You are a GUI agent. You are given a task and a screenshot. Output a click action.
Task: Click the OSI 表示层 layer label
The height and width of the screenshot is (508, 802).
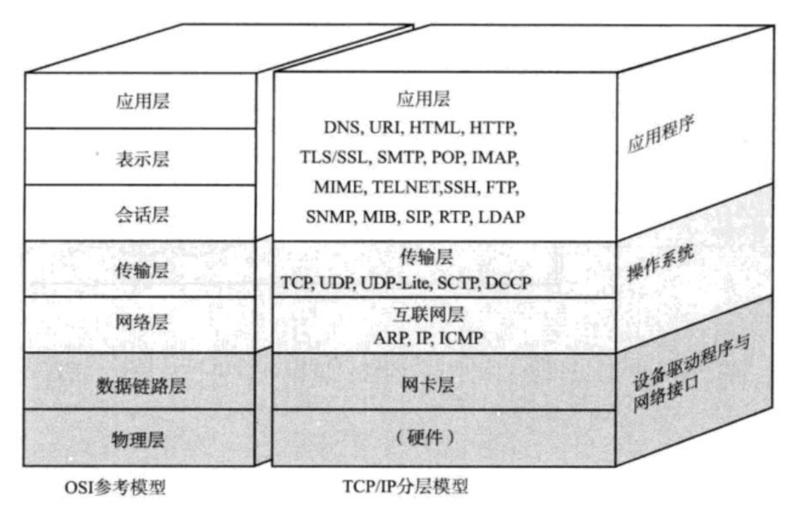[142, 159]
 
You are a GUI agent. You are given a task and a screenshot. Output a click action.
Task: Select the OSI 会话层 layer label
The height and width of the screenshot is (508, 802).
[142, 214]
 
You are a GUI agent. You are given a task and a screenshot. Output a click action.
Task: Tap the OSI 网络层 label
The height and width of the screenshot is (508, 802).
[142, 322]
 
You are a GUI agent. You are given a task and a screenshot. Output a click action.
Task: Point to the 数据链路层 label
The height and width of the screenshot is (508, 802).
[141, 385]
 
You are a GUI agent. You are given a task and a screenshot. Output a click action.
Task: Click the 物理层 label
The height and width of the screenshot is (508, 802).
[138, 440]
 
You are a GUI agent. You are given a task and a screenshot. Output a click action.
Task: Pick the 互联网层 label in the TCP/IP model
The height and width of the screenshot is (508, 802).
[429, 314]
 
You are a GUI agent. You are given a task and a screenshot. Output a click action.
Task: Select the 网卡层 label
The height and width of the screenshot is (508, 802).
[428, 385]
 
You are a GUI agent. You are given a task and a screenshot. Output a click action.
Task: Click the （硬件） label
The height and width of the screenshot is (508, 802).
[425, 437]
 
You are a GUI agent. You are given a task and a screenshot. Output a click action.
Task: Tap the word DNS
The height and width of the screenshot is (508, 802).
[342, 128]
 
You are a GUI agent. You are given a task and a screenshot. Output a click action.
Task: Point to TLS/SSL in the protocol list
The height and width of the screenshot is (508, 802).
[335, 157]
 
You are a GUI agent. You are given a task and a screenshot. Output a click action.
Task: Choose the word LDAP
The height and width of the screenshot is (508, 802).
[502, 217]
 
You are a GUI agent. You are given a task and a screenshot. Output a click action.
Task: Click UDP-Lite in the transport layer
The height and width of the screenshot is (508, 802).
[396, 283]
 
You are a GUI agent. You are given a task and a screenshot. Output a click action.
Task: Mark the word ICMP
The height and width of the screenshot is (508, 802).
[461, 338]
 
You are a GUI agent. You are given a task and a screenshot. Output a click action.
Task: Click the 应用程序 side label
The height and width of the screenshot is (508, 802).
[661, 134]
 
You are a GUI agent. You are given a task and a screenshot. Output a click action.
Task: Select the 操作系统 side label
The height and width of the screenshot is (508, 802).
[661, 262]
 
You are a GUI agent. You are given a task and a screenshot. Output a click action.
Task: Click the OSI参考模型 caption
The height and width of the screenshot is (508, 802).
[115, 487]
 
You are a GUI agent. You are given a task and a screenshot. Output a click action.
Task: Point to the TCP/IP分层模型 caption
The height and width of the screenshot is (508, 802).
[406, 486]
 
